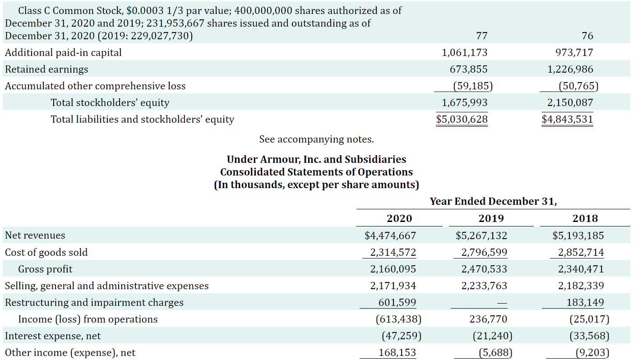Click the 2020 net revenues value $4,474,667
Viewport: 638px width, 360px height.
tap(390, 235)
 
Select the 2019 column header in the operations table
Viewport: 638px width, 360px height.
tap(491, 218)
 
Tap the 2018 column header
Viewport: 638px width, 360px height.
tap(585, 218)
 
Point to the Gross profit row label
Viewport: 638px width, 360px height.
tap(45, 269)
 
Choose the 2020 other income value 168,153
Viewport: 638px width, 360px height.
tap(397, 353)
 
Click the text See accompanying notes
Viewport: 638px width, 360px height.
tap(316, 139)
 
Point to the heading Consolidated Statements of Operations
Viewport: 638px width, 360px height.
tap(316, 172)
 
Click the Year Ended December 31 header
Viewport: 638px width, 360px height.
tap(493, 201)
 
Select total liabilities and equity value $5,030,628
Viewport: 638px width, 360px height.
tap(462, 120)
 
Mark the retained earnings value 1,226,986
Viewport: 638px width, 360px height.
tap(570, 69)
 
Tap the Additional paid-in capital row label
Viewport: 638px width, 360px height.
tap(63, 53)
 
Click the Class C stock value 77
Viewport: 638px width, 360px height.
tap(481, 36)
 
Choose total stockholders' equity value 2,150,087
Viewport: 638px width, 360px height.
tap(570, 103)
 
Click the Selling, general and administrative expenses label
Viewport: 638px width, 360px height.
tap(107, 286)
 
